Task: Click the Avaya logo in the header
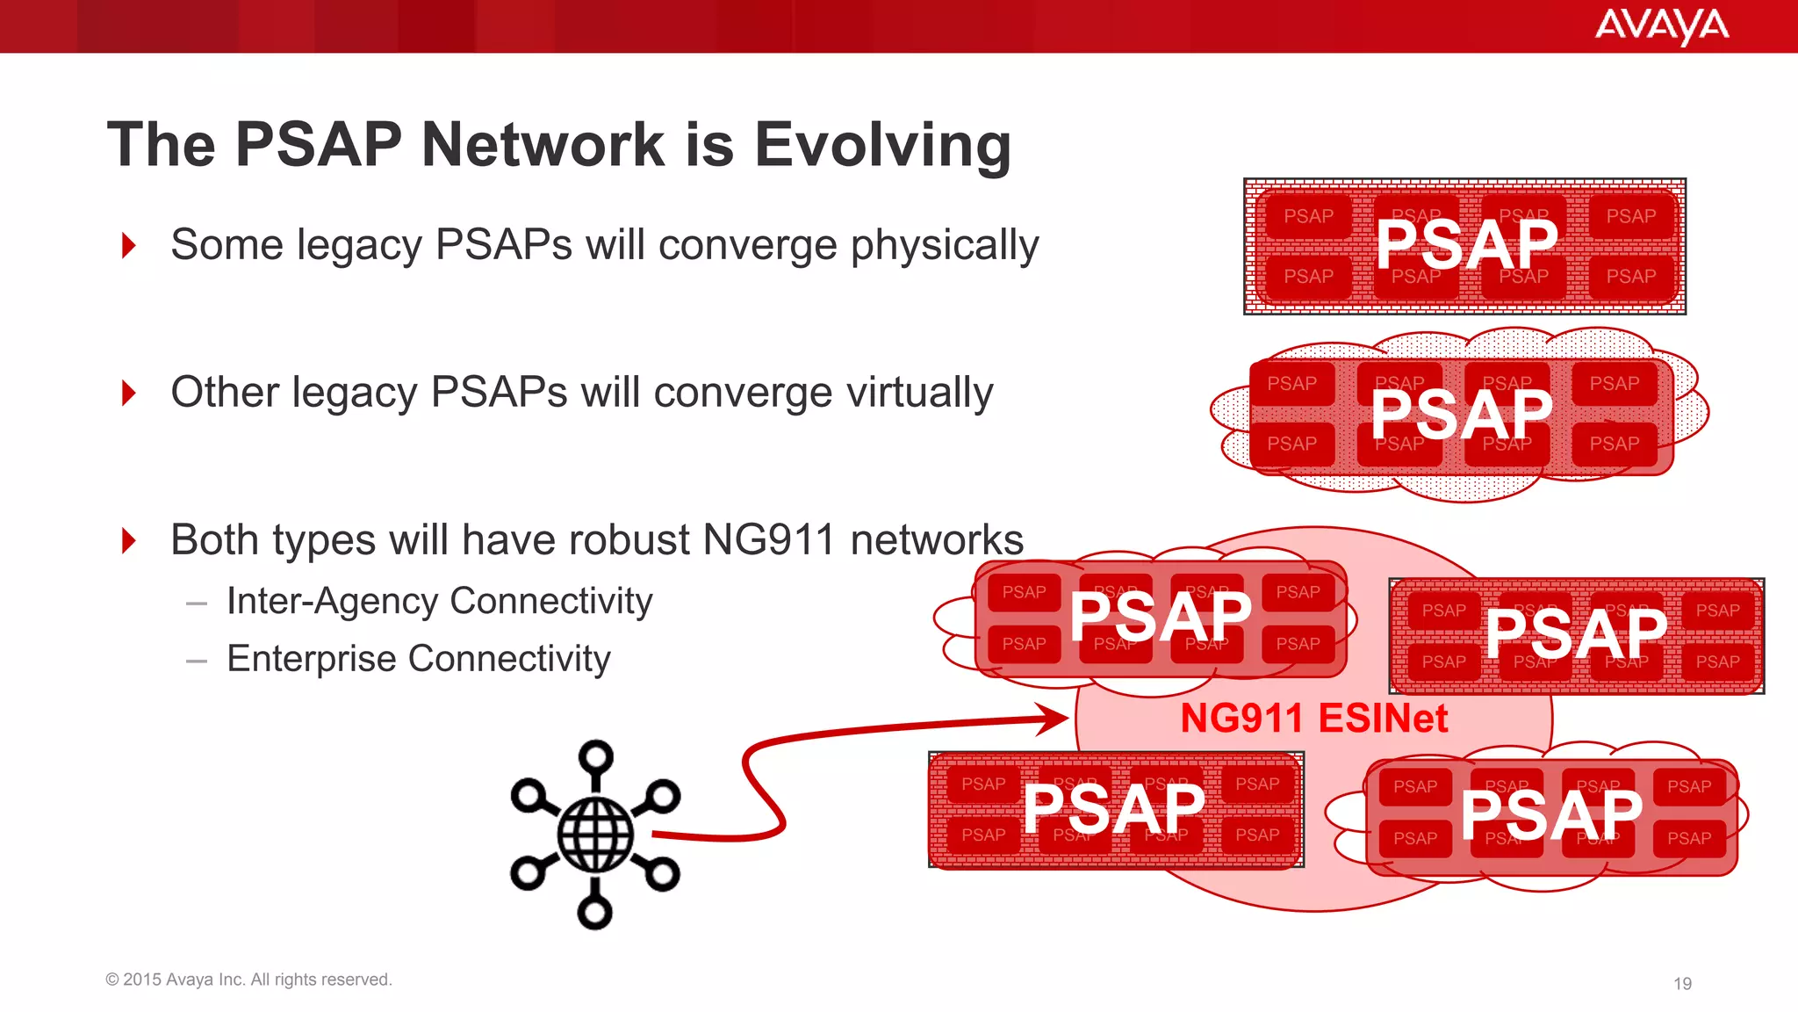coord(1661,25)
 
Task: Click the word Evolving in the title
coord(882,144)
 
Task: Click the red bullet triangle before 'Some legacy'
coord(129,245)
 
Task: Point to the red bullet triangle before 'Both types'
coord(129,540)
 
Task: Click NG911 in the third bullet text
coord(769,540)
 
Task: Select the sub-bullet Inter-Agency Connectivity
coord(439,602)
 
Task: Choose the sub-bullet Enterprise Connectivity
coord(418,659)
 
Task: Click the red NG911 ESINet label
coord(1313,719)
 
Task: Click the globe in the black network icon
coord(596,835)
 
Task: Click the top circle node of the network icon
coord(596,756)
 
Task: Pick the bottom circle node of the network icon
coord(594,913)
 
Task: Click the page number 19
coord(1682,984)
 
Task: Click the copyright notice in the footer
coord(248,979)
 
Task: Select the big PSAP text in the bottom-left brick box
coord(1114,809)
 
